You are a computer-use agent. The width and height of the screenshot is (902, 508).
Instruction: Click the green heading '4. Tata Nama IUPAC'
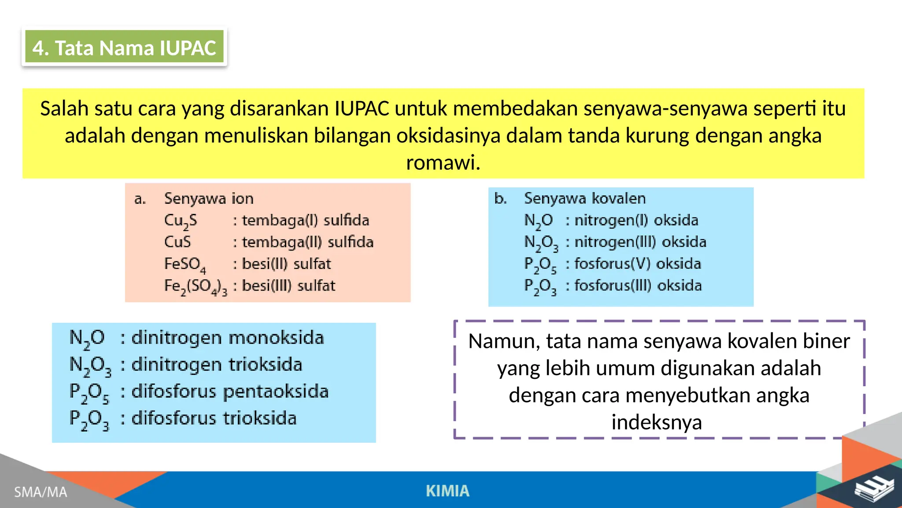[x=124, y=48]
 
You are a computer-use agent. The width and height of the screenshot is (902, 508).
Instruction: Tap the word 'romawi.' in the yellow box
[x=443, y=162]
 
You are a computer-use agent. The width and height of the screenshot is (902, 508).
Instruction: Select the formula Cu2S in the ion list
[x=181, y=220]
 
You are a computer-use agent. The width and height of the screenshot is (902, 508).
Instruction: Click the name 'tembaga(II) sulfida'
[x=307, y=242]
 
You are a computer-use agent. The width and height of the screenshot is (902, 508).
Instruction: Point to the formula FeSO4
[x=185, y=265]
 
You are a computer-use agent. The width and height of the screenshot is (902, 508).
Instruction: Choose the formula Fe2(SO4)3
[x=196, y=287]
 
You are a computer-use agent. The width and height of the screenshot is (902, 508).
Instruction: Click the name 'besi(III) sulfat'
[x=288, y=286]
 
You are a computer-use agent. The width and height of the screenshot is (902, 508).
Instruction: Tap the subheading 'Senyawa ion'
[x=209, y=198]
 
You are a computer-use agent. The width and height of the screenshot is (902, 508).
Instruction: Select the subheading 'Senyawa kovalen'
[x=585, y=198]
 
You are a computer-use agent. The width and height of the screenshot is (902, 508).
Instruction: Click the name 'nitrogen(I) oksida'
[x=636, y=220]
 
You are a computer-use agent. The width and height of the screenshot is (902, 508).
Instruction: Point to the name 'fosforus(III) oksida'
[x=638, y=286]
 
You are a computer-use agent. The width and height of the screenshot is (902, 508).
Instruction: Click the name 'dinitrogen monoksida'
[x=228, y=338]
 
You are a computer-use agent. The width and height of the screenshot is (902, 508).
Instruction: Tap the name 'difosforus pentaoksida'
[x=230, y=392]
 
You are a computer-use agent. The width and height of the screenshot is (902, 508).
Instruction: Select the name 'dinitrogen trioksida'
[x=217, y=365]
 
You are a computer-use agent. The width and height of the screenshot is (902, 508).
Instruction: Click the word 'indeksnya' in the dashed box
[x=657, y=422]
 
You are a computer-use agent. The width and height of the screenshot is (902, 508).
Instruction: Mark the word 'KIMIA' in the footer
[x=447, y=491]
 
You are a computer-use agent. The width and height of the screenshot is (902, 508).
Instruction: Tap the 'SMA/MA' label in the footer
[x=41, y=492]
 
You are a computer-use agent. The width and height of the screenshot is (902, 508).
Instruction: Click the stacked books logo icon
[x=874, y=489]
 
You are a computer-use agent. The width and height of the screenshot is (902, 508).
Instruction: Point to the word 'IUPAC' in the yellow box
[x=362, y=108]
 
